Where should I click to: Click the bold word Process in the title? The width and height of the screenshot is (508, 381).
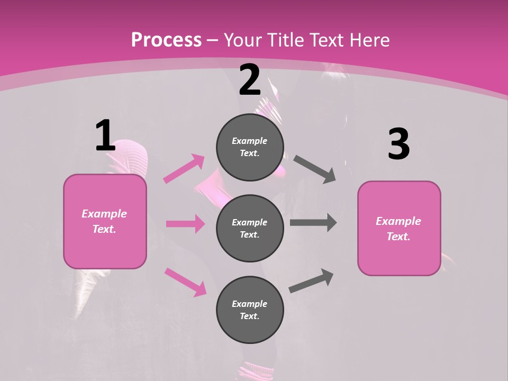click(x=166, y=40)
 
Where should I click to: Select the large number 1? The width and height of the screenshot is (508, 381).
click(x=105, y=135)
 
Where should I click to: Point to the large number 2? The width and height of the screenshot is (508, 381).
click(x=250, y=80)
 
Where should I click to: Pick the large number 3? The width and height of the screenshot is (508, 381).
click(x=398, y=144)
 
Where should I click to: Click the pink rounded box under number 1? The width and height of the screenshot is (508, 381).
click(x=105, y=221)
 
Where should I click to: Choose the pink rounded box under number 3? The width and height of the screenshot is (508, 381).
click(x=399, y=229)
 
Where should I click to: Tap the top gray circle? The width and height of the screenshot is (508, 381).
click(x=250, y=147)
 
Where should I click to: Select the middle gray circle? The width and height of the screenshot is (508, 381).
click(x=250, y=229)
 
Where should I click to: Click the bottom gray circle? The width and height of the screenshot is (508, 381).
click(x=250, y=310)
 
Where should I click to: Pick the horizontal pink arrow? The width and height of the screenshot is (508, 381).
click(x=185, y=224)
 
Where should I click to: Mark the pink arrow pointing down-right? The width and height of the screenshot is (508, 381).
click(x=185, y=282)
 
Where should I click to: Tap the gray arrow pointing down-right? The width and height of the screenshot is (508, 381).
click(x=315, y=169)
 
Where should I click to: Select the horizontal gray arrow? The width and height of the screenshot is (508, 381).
click(x=313, y=223)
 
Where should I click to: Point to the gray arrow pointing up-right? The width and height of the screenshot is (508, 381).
click(x=312, y=281)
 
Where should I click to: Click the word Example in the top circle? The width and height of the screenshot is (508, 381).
click(x=250, y=141)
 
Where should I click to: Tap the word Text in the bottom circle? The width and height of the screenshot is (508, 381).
click(x=249, y=316)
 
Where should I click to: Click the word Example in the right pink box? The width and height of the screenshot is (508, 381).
click(x=398, y=221)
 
